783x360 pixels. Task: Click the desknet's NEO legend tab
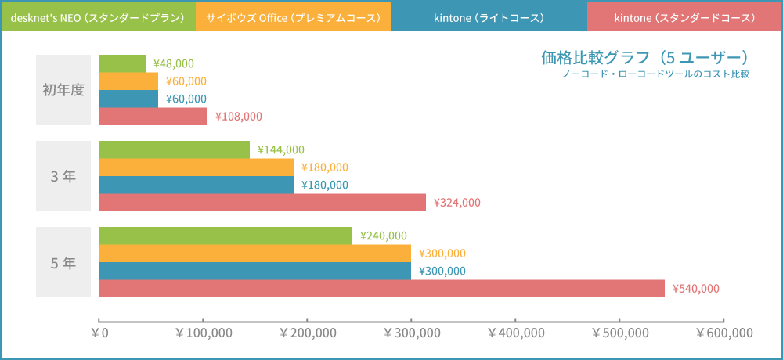point(98,16)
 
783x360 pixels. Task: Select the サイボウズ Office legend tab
point(294,16)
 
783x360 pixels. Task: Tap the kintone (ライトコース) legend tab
point(489,16)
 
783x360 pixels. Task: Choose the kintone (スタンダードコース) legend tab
point(684,16)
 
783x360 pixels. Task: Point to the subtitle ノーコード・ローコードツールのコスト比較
point(655,74)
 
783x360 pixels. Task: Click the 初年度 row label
point(63,90)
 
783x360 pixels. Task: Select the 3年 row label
point(63,176)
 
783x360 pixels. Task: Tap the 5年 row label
point(63,263)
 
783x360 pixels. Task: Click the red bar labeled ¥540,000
point(381,288)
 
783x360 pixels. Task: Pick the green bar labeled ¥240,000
point(226,236)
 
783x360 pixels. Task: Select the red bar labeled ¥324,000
point(262,202)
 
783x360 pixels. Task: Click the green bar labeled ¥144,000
point(174,149)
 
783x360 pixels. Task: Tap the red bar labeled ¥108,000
point(153,116)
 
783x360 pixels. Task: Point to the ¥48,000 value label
point(174,64)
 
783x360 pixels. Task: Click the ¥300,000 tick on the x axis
point(411,333)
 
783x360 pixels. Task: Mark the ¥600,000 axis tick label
point(723,333)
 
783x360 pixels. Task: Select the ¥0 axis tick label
point(99,333)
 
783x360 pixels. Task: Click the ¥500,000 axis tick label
point(619,333)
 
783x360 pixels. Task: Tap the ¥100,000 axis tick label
point(204,333)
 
